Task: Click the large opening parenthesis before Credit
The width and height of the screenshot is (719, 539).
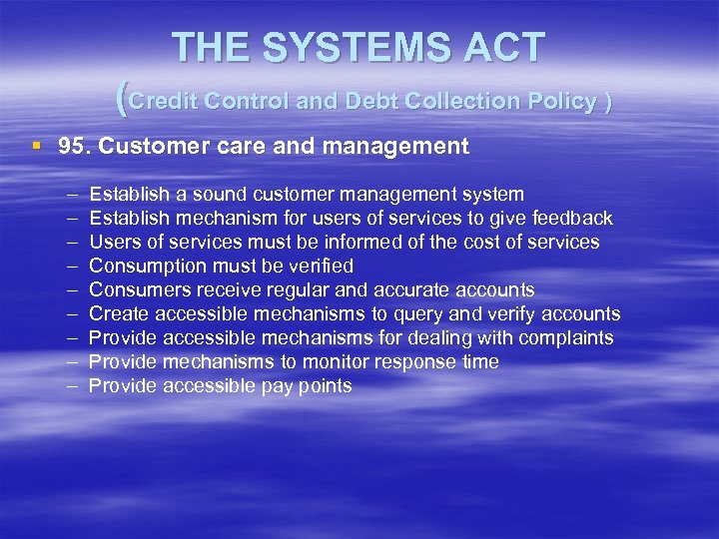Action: [122, 98]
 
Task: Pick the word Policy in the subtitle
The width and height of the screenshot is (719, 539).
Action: [559, 101]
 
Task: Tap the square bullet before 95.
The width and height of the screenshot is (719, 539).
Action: [37, 146]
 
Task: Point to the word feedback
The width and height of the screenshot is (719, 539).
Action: [571, 218]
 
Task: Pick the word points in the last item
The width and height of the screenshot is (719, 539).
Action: [322, 385]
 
